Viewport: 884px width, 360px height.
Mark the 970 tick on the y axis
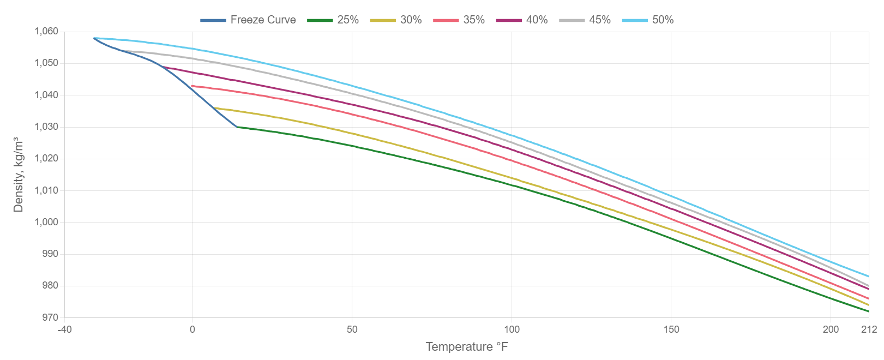pos(50,317)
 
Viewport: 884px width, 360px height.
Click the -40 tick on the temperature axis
pos(64,329)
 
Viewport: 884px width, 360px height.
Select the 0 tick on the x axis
pos(192,329)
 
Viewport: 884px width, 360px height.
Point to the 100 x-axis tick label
pos(512,329)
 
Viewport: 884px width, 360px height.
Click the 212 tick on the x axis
pos(869,329)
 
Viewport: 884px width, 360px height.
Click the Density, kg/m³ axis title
pos(19,175)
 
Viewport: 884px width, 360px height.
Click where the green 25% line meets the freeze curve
pos(237,127)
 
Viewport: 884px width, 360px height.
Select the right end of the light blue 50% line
pos(868,276)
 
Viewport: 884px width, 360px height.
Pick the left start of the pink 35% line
pos(192,85)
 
